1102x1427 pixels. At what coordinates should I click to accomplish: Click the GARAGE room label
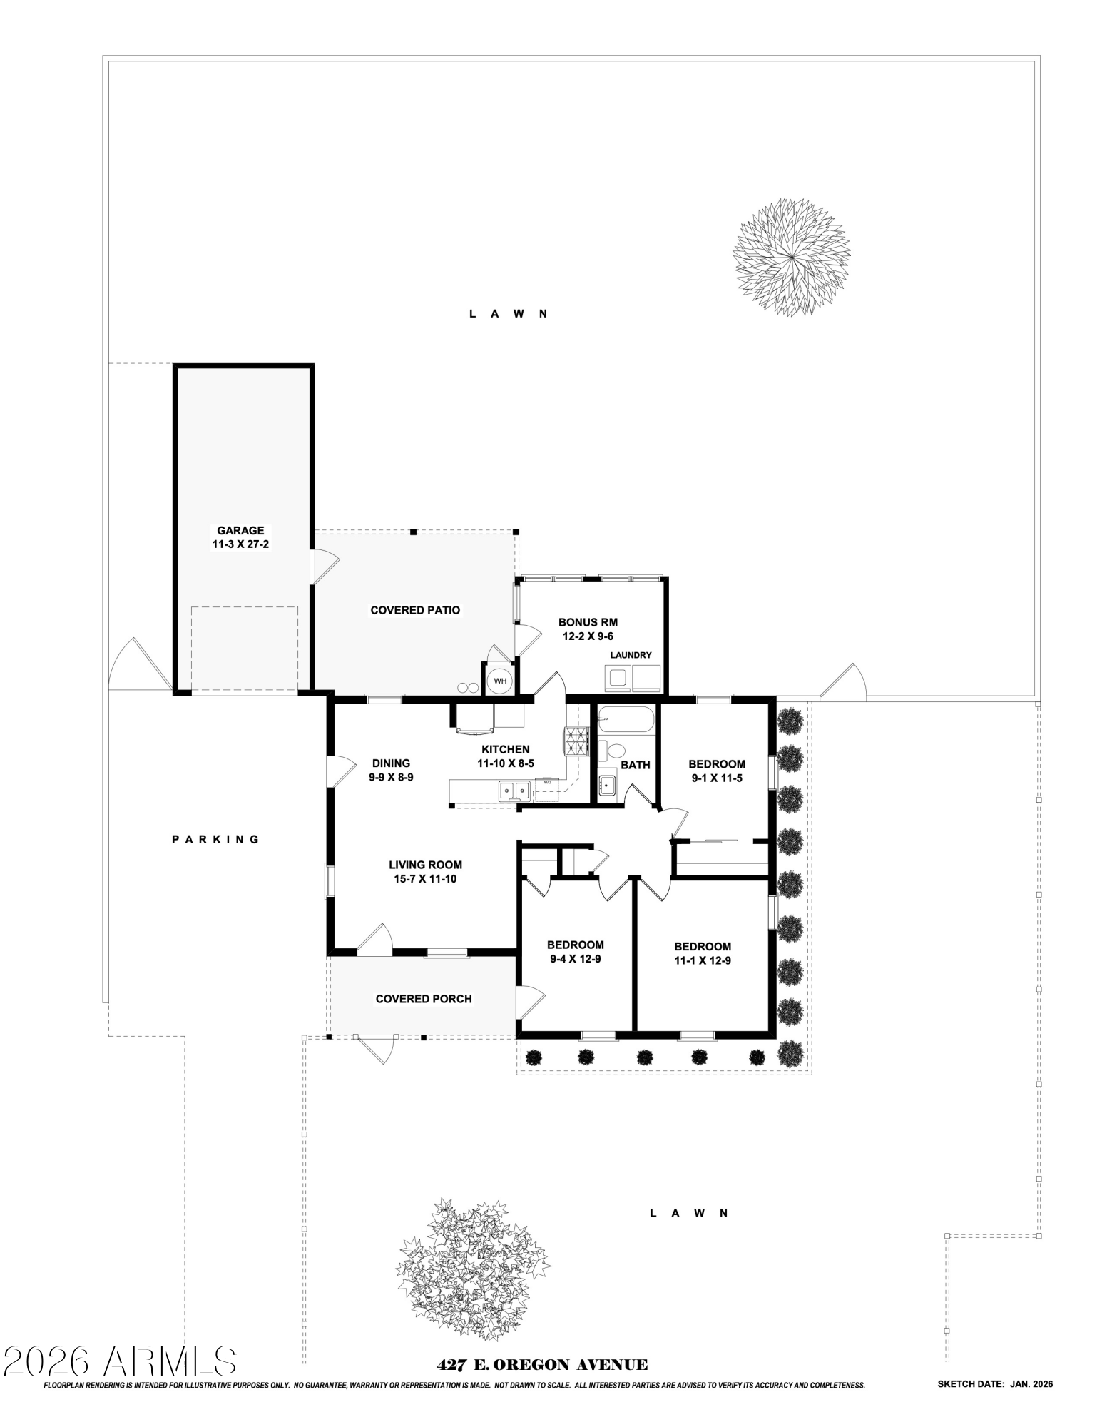pos(240,530)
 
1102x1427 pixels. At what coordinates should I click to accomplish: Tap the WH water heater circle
pos(500,681)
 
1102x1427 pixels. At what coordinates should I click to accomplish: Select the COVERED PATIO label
pos(415,610)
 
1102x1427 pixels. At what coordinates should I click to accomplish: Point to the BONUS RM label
pos(588,622)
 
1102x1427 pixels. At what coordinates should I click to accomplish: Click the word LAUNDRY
pos(631,655)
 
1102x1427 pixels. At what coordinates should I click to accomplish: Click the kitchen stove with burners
pos(576,740)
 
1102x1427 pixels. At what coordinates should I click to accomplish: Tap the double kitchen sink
pos(514,790)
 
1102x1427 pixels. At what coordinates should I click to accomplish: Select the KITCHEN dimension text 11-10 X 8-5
pos(506,763)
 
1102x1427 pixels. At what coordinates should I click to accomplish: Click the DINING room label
pos(391,763)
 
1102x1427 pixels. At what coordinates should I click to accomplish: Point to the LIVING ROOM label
pos(425,865)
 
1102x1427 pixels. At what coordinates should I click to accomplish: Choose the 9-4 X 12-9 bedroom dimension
pos(575,959)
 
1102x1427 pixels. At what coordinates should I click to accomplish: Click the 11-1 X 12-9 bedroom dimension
pos(703,960)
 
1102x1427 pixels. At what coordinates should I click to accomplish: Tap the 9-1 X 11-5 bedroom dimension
pos(717,778)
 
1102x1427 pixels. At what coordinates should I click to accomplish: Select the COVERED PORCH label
pos(424,999)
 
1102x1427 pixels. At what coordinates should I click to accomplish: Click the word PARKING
pos(216,839)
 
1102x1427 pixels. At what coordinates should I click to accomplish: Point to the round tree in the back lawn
pos(792,257)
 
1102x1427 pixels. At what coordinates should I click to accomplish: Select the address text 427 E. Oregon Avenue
pos(542,1365)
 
